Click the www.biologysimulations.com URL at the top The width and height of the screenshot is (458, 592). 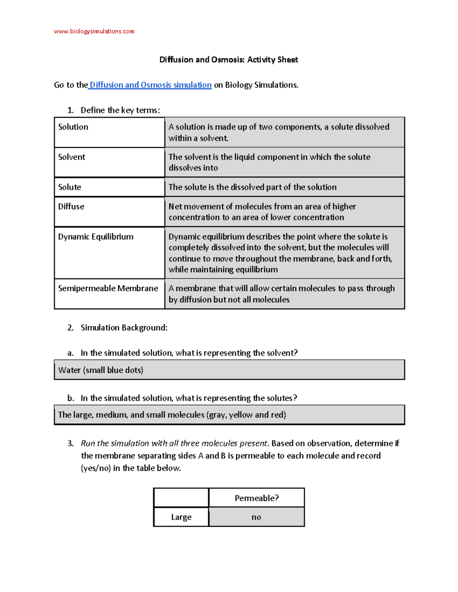(x=94, y=31)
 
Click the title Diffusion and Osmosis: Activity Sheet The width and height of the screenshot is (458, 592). (x=229, y=59)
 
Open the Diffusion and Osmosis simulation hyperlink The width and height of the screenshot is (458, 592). (x=150, y=85)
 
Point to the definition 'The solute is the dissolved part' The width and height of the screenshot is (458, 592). (x=252, y=187)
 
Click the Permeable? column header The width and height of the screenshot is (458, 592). (x=256, y=498)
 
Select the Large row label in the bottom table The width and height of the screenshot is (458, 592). (x=181, y=517)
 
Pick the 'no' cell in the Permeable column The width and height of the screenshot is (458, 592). (x=256, y=517)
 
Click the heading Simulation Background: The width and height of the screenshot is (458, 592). (x=124, y=328)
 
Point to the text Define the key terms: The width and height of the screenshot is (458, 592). (x=120, y=111)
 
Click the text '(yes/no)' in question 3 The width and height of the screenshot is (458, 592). (x=96, y=468)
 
